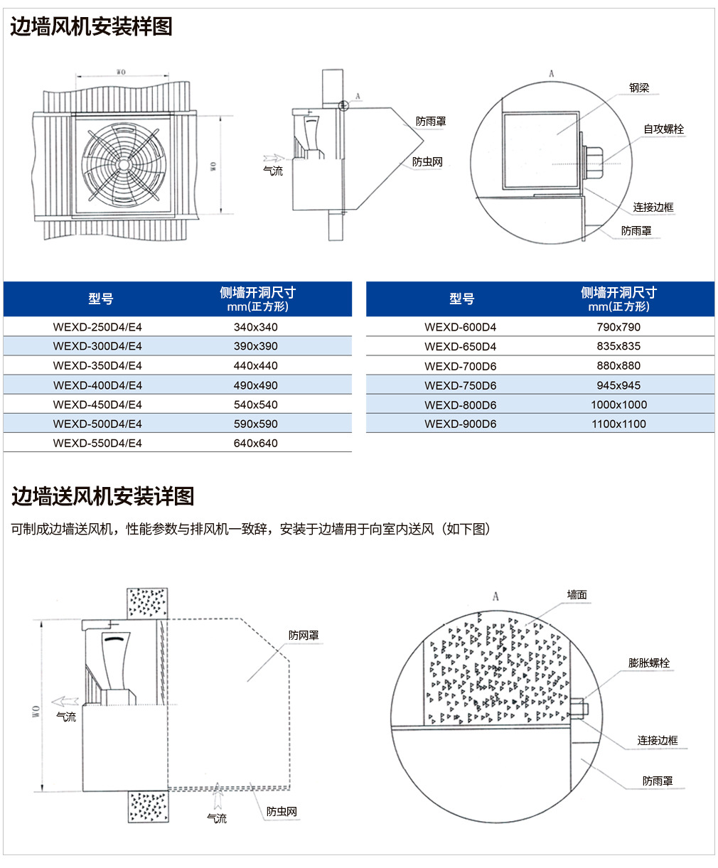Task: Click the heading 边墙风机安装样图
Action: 91,26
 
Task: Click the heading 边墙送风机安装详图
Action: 102,496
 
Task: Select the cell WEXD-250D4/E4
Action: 97,327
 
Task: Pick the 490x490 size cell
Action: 255,385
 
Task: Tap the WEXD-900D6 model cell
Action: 460,424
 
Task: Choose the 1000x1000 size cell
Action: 618,404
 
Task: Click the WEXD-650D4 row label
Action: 460,347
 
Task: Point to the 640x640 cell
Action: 255,443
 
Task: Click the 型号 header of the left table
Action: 101,299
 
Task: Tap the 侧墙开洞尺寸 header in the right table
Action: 618,293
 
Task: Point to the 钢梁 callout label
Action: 639,87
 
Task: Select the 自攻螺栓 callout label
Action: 663,129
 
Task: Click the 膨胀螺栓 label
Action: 648,663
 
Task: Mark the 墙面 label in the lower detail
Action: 577,595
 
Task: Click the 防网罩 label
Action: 304,636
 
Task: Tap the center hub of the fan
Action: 124,165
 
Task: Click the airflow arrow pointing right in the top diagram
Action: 274,158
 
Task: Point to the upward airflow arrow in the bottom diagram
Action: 217,795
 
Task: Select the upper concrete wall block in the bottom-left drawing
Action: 147,603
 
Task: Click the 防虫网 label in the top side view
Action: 427,161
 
